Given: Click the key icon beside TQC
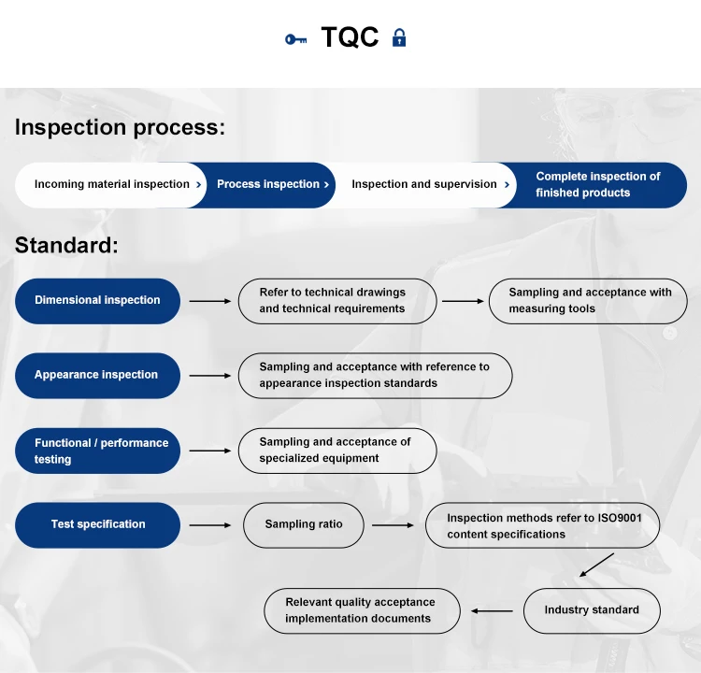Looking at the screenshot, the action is click(x=295, y=39).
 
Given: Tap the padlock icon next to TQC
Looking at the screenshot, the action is click(x=399, y=38).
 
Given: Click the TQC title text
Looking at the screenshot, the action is click(x=350, y=37).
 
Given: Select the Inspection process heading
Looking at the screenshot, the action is click(x=120, y=127).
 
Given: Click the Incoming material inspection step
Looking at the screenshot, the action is click(x=111, y=184).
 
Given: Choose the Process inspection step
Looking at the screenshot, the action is click(x=269, y=184).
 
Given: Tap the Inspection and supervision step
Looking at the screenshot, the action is click(x=424, y=184).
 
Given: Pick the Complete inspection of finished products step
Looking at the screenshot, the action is click(x=598, y=184).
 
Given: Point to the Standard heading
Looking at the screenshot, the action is click(x=66, y=245).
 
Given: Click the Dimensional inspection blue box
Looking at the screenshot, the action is click(x=97, y=300).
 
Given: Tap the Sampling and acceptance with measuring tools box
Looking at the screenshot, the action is click(x=588, y=300).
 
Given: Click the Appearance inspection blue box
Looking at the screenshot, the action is click(x=97, y=375).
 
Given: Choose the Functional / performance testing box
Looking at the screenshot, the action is click(x=97, y=451).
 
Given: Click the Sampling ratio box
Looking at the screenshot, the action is click(x=303, y=524).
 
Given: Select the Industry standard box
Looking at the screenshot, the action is click(x=592, y=610).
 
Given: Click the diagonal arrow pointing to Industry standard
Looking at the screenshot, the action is click(x=595, y=565).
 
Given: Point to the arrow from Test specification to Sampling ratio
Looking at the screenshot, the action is click(x=209, y=525).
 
